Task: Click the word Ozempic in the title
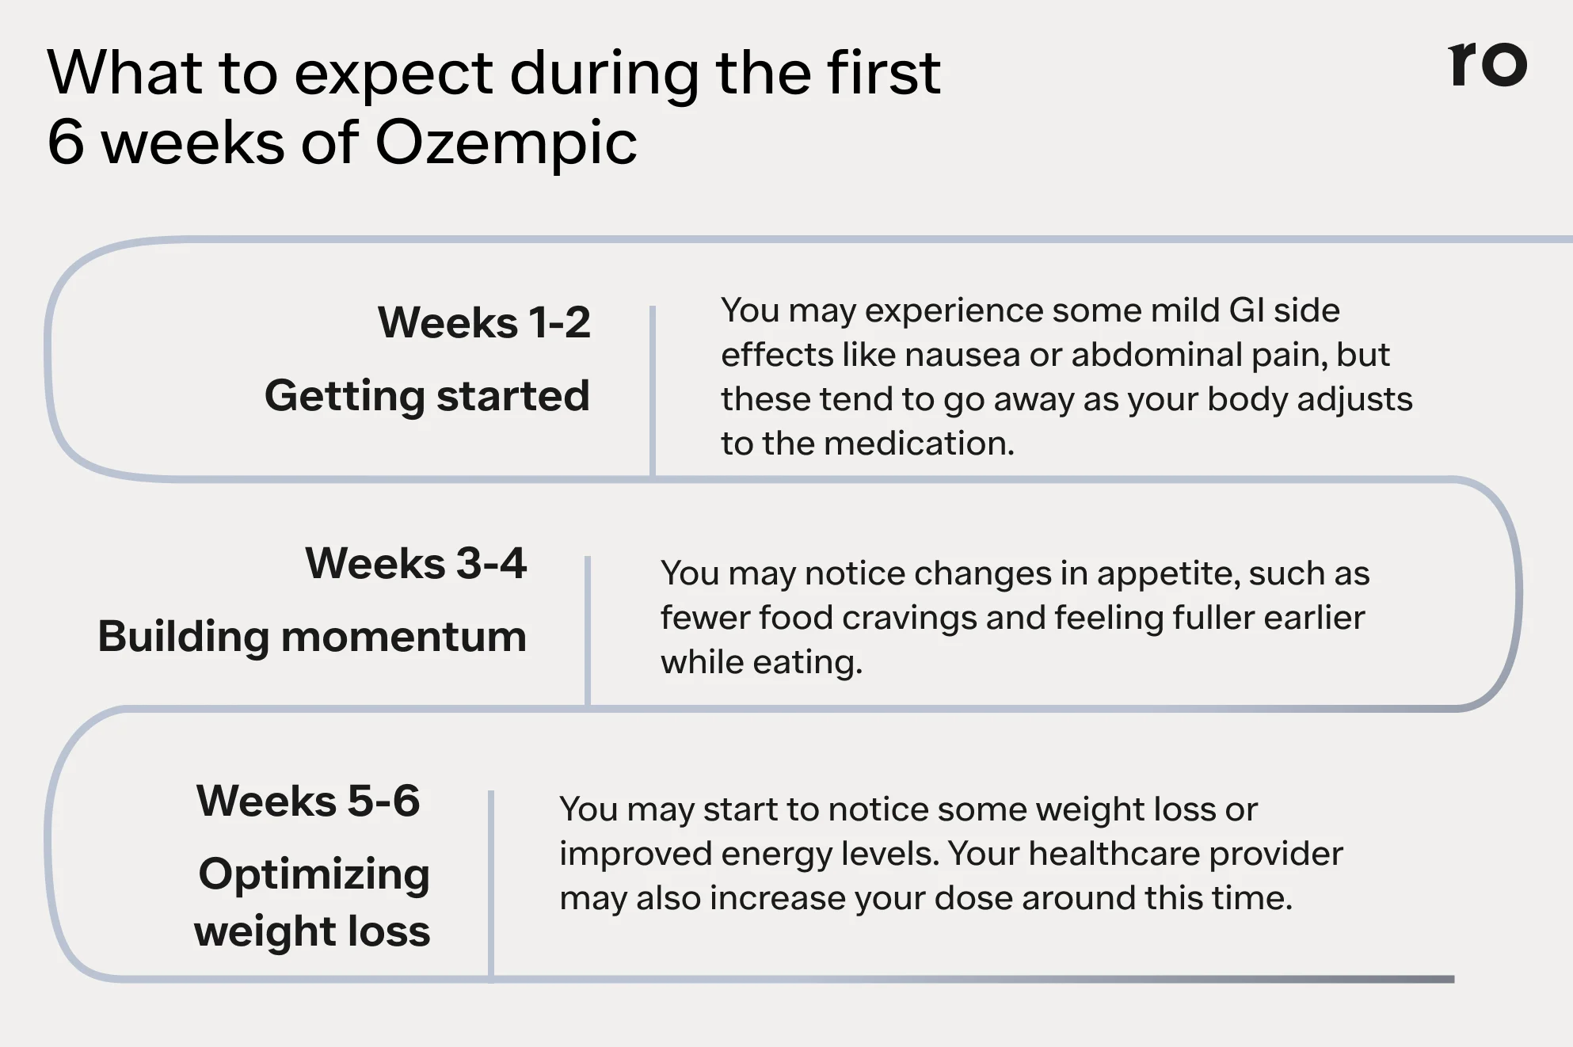pos(505,143)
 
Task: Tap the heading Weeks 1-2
pos(484,322)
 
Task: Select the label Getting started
pos(427,395)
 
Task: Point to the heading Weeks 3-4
pos(416,563)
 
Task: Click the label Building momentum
pos(312,636)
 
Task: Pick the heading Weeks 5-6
pos(308,800)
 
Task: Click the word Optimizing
pos(314,874)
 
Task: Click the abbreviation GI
pos(1247,310)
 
